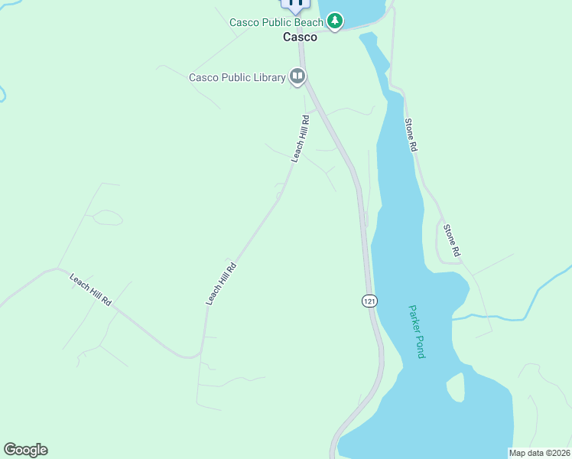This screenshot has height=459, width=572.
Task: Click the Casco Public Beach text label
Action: pos(276,22)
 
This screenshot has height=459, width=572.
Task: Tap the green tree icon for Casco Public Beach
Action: pos(335,22)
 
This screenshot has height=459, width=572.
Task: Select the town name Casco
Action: pos(300,37)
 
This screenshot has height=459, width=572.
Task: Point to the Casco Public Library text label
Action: pos(237,77)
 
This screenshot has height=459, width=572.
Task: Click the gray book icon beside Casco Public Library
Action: pos(297,76)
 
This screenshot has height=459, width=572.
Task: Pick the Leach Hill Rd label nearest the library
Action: pos(301,138)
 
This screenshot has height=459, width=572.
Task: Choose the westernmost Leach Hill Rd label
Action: pos(91,291)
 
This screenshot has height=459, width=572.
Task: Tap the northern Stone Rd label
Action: pos(411,135)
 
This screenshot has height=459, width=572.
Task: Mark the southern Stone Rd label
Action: pos(453,239)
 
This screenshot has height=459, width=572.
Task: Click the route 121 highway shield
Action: pos(369,301)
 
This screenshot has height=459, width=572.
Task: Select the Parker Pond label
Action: pos(416,332)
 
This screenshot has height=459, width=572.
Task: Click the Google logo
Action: pos(25,450)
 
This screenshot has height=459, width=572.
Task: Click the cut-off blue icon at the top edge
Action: pos(296,4)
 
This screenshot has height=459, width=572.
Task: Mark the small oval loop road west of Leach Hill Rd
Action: pos(108,218)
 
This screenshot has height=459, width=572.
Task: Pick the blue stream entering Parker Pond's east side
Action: pos(497,315)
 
